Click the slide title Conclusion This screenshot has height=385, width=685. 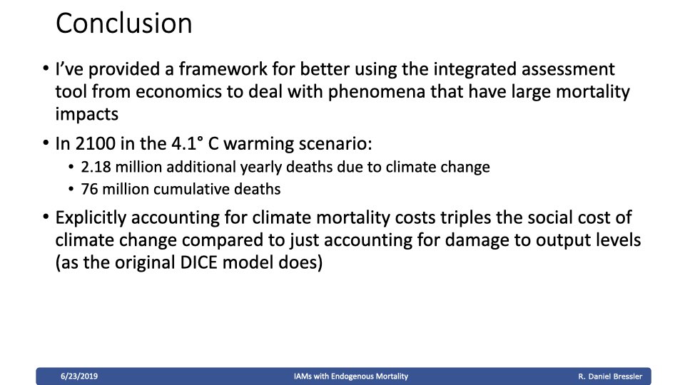pyautogui.click(x=123, y=23)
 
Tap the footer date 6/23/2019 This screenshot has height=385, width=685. pyautogui.click(x=79, y=376)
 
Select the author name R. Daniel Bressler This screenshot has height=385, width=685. pyautogui.click(x=610, y=376)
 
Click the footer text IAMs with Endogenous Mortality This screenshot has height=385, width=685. pyautogui.click(x=351, y=376)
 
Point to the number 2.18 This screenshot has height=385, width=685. pyautogui.click(x=96, y=167)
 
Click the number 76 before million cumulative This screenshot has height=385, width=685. pyautogui.click(x=89, y=189)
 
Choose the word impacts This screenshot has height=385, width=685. pyautogui.click(x=86, y=114)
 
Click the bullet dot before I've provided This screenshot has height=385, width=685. pyautogui.click(x=46, y=68)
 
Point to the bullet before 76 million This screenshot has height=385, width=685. pyautogui.click(x=71, y=189)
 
